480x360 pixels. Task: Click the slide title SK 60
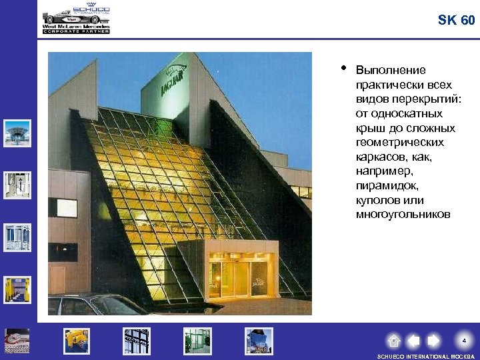(456, 21)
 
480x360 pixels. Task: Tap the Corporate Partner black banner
(75, 31)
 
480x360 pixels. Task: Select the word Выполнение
(391, 71)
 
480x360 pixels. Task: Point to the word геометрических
(399, 143)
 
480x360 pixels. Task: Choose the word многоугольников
(403, 215)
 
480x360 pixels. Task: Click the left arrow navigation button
(413, 341)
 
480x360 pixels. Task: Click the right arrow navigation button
(433, 341)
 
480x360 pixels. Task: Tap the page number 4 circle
(464, 341)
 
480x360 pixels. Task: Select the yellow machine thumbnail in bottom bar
(76, 341)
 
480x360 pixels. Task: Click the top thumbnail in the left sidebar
(17, 133)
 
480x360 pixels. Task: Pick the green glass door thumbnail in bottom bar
(197, 341)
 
